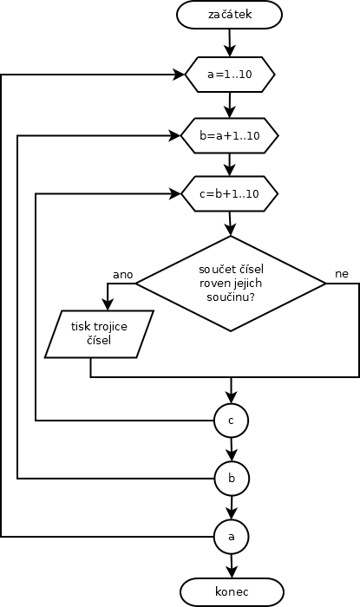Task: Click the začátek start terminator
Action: coord(230,15)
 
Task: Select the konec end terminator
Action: coord(232,592)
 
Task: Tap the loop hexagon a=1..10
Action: coord(230,75)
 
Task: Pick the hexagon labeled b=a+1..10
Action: coord(230,135)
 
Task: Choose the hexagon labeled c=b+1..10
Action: coord(230,193)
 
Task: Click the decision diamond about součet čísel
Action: coord(231,284)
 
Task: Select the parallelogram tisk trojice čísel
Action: coord(99,334)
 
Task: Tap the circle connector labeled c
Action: coord(231,421)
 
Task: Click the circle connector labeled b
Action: coord(232,479)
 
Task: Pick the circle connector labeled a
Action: coord(232,537)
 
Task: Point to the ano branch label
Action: coord(122,275)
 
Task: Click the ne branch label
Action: coord(342,274)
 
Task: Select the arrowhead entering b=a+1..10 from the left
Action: coord(176,135)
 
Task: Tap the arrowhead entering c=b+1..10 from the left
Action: coord(176,193)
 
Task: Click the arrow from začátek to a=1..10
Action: coord(230,42)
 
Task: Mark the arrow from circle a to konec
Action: coord(232,566)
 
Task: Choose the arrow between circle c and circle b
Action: coord(232,449)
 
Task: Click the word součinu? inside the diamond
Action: coord(231,297)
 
